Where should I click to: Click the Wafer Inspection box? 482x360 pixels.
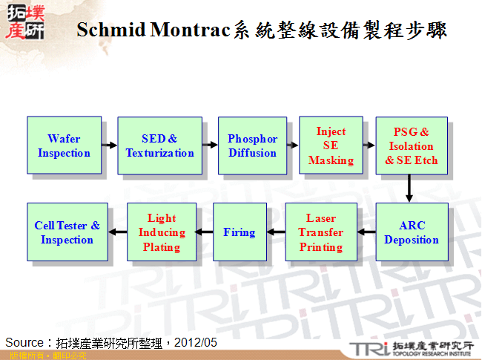point(64,145)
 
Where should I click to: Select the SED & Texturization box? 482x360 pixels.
point(159,145)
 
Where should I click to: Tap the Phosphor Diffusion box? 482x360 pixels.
point(252,145)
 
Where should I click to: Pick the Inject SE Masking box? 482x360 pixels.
point(331,145)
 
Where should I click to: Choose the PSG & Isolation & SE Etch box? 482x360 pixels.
point(412,145)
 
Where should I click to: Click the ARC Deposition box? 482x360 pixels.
point(412,232)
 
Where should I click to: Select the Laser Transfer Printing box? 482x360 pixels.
point(320,232)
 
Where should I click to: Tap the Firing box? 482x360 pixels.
point(239,232)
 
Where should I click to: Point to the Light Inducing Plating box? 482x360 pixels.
point(162,232)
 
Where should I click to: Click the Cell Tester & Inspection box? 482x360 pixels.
point(67,232)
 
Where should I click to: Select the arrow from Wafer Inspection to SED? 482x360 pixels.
point(109,145)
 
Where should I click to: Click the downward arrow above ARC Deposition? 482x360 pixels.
point(409,189)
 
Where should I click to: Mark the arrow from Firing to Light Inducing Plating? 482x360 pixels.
point(205,232)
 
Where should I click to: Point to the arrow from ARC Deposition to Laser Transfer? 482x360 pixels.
point(366,232)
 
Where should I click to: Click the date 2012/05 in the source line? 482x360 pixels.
point(199,342)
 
